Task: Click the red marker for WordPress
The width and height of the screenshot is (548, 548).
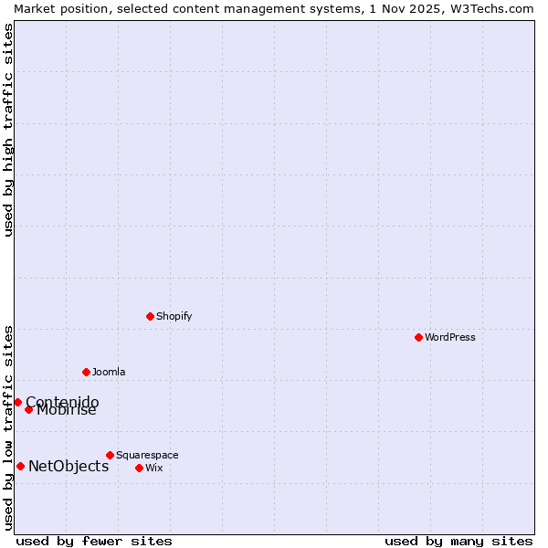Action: pyautogui.click(x=418, y=337)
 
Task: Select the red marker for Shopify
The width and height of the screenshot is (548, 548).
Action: pyautogui.click(x=150, y=316)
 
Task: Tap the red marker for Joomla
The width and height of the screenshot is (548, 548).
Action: pyautogui.click(x=86, y=372)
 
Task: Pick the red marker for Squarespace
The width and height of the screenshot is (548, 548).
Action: pyautogui.click(x=110, y=455)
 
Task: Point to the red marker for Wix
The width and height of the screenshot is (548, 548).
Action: pyautogui.click(x=139, y=468)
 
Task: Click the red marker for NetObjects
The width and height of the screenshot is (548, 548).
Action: pyautogui.click(x=20, y=467)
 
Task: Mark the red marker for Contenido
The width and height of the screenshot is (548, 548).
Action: pyautogui.click(x=17, y=402)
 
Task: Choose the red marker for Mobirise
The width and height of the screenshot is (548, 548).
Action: pyautogui.click(x=28, y=409)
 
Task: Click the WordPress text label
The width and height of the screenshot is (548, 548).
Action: pyautogui.click(x=450, y=337)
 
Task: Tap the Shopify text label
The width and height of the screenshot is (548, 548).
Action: pyautogui.click(x=174, y=316)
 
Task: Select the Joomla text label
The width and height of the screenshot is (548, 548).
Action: pyautogui.click(x=109, y=372)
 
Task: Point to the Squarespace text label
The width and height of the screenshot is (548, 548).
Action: pyautogui.click(x=147, y=455)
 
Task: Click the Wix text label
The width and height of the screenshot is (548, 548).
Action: pyautogui.click(x=153, y=468)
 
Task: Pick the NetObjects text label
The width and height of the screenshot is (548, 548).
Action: pyautogui.click(x=68, y=467)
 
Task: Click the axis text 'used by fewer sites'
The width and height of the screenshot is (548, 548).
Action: pyautogui.click(x=94, y=541)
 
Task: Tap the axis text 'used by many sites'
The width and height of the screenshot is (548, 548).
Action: pyautogui.click(x=458, y=541)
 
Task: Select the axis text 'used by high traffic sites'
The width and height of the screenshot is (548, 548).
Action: pyautogui.click(x=8, y=130)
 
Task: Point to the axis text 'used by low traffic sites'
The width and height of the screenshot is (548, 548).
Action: pyautogui.click(x=8, y=427)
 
